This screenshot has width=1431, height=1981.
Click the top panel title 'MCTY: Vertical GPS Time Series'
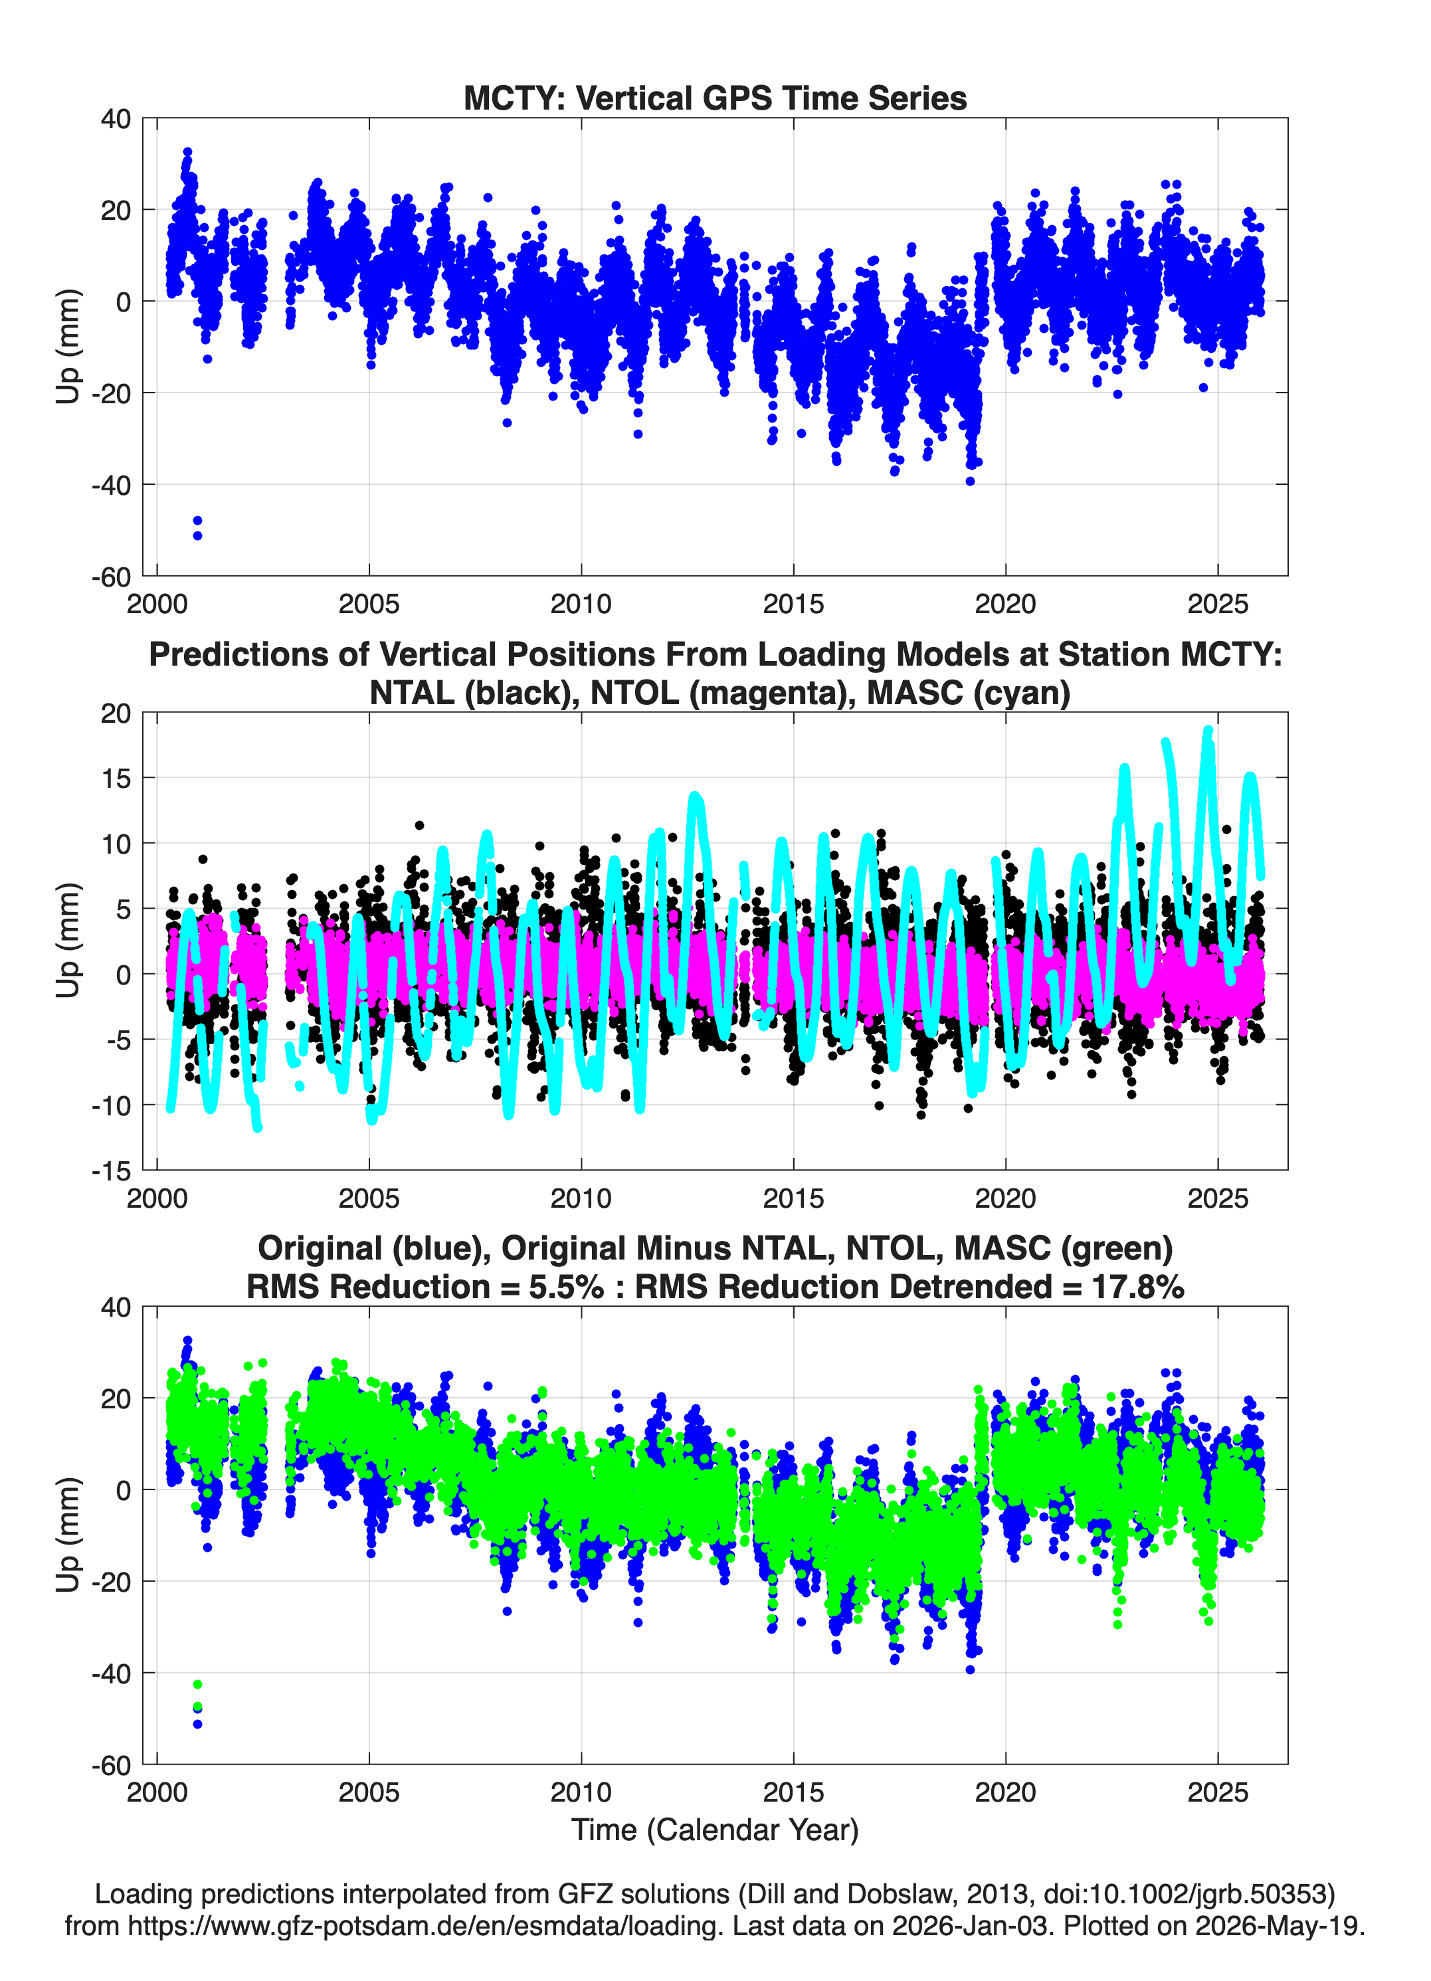point(715,98)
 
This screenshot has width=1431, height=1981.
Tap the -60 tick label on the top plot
point(110,577)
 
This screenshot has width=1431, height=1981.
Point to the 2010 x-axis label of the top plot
point(581,604)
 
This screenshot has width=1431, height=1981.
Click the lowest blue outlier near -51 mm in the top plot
point(197,535)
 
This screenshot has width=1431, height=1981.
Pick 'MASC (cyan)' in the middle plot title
point(968,693)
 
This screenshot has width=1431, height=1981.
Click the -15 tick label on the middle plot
point(110,1171)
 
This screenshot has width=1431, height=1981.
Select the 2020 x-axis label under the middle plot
point(1006,1198)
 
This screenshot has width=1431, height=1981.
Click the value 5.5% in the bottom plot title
point(565,1287)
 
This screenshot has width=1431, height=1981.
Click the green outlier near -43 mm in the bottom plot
point(197,1684)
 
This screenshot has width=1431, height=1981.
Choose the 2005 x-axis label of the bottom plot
point(369,1792)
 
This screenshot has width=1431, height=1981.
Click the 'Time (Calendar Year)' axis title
point(715,1829)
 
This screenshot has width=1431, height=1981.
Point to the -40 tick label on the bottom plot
point(110,1673)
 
